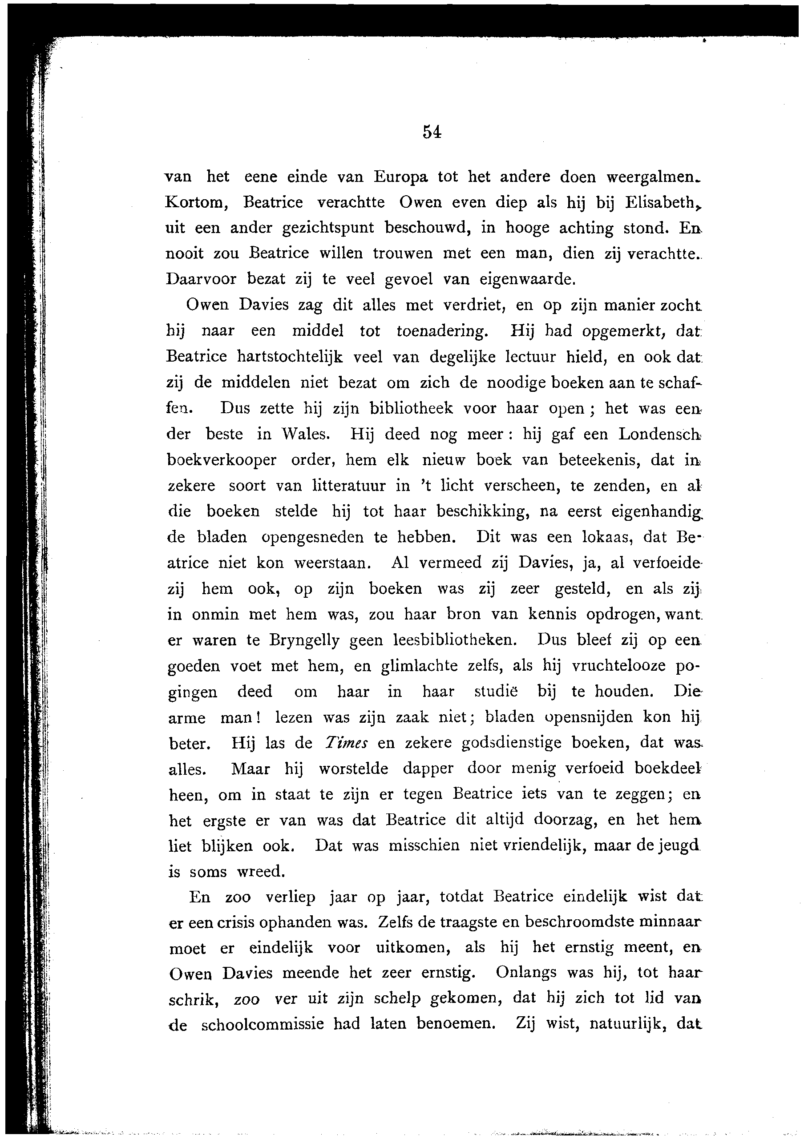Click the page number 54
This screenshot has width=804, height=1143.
(432, 132)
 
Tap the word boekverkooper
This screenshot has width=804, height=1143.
(222, 460)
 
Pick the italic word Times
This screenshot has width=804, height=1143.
(346, 743)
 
